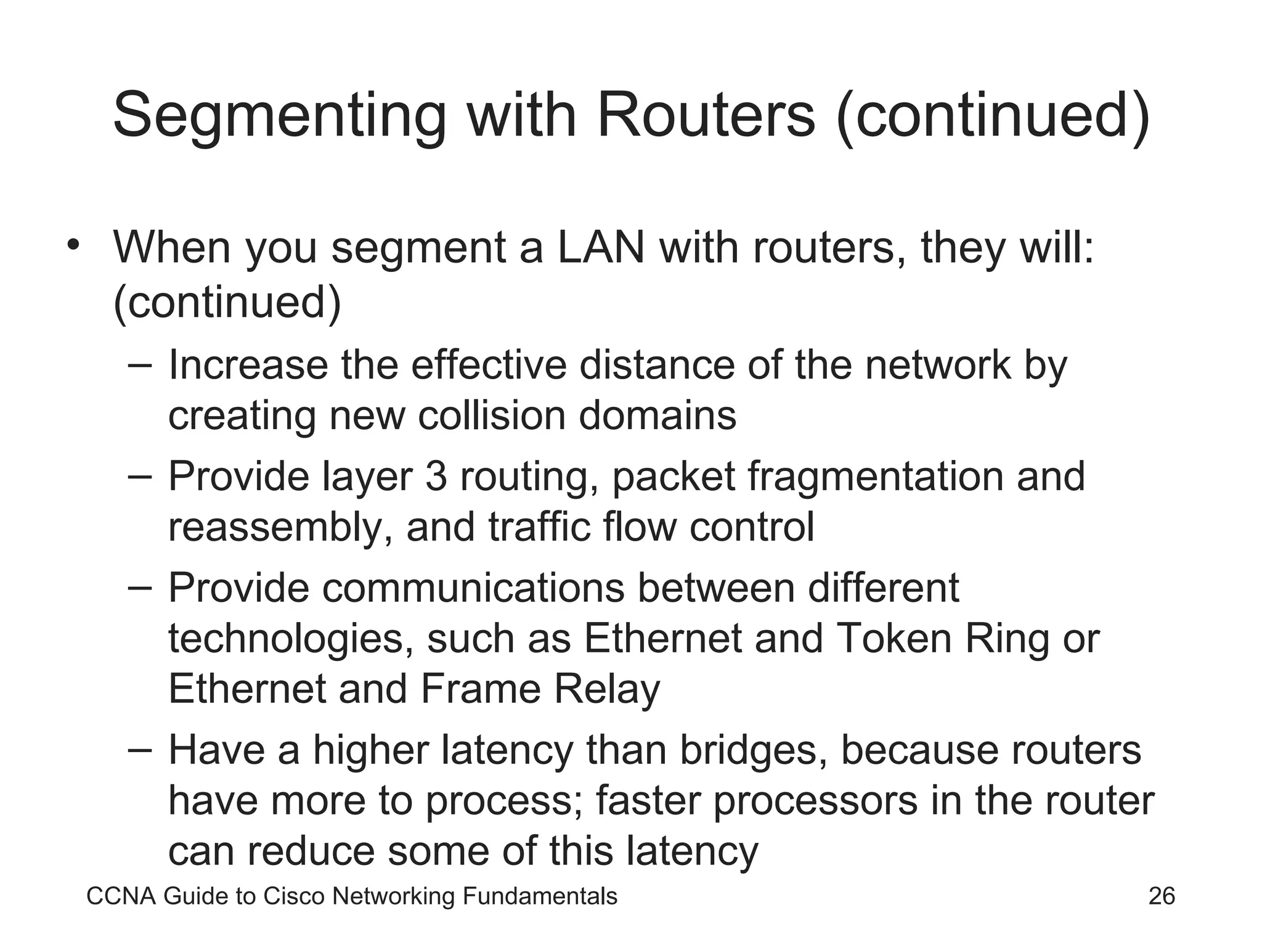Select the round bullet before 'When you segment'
[74, 245]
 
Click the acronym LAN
[601, 247]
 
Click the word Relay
[607, 689]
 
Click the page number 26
[1162, 896]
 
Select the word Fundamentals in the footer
[540, 896]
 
